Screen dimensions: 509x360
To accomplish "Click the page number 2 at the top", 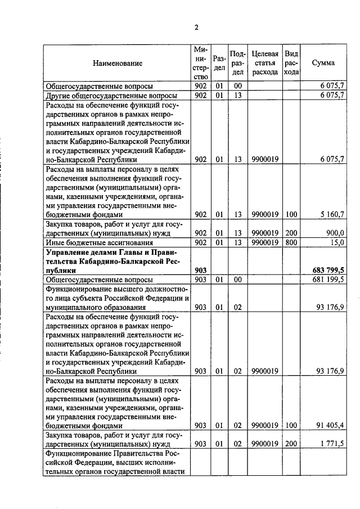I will (196, 27).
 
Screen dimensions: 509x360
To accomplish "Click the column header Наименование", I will (118, 64).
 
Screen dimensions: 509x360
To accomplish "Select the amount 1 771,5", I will (332, 444).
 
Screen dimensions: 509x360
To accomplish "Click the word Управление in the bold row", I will (67, 251).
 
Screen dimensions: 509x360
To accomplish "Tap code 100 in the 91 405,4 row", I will (291, 426).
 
